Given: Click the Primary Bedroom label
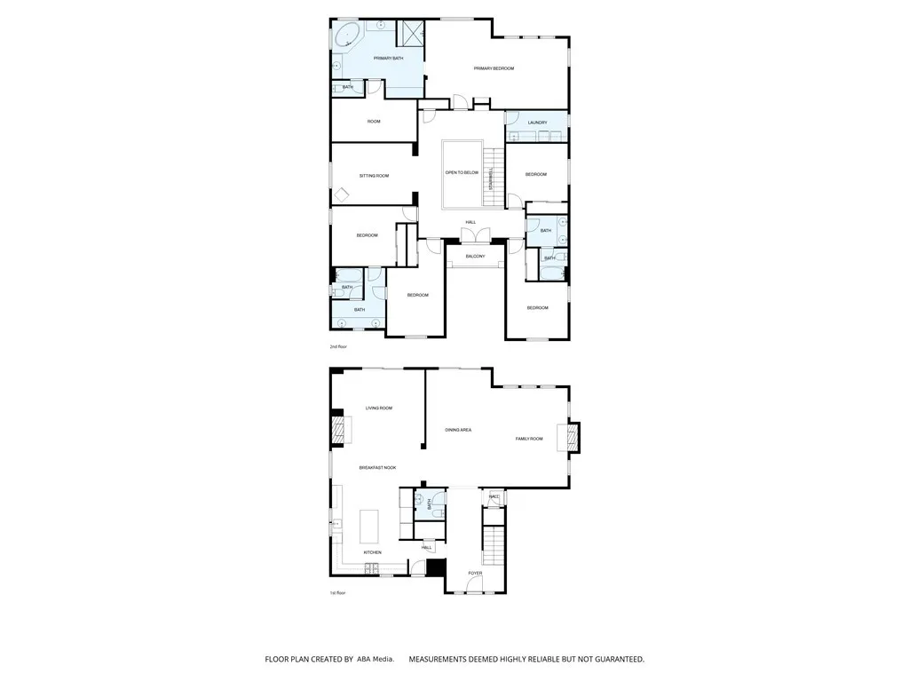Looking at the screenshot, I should click(494, 68).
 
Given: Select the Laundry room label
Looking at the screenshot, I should click(536, 123).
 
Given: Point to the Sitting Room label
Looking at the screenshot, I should click(374, 176).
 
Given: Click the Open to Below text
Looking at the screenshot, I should click(462, 172).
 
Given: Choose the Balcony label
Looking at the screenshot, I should click(475, 257).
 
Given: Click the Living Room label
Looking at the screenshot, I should click(379, 408).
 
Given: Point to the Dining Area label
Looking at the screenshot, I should click(458, 430).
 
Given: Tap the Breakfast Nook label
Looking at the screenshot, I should click(377, 467).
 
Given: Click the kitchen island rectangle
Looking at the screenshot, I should click(368, 526).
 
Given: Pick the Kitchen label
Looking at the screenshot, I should click(372, 552).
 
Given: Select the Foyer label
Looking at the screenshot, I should click(475, 573).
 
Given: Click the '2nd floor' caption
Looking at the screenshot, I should click(337, 347).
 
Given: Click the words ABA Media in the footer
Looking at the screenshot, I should click(375, 660).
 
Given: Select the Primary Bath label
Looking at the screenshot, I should click(388, 59).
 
